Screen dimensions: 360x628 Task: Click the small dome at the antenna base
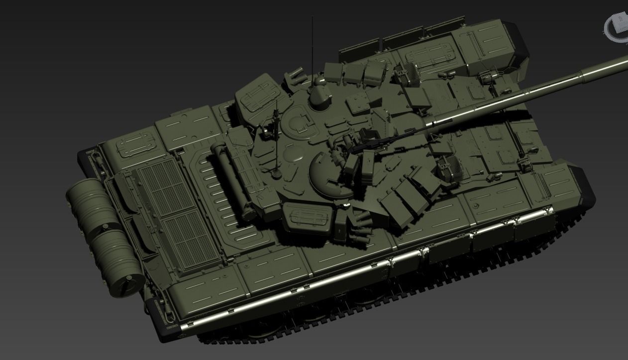319,95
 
